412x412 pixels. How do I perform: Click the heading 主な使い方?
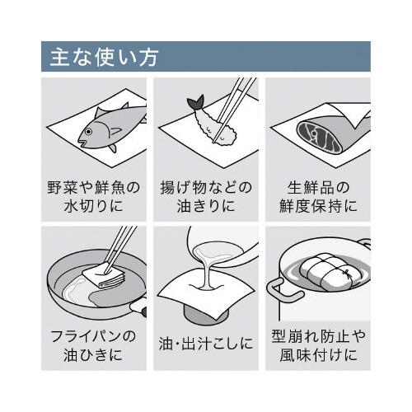104,57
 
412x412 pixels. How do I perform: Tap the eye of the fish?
88,132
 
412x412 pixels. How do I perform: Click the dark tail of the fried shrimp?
195,102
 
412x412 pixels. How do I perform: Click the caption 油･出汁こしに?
206,344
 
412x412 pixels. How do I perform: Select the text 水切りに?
93,206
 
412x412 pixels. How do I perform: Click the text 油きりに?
206,206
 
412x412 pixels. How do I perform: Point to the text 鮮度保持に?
318,206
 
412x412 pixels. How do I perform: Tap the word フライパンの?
94,335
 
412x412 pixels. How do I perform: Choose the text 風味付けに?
318,354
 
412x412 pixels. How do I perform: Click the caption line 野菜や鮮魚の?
94,188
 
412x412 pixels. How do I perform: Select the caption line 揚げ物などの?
206,188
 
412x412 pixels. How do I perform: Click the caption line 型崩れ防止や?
318,335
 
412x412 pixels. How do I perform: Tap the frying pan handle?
138,307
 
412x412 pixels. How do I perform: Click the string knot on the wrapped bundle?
348,274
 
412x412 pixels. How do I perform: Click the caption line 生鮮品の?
318,188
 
